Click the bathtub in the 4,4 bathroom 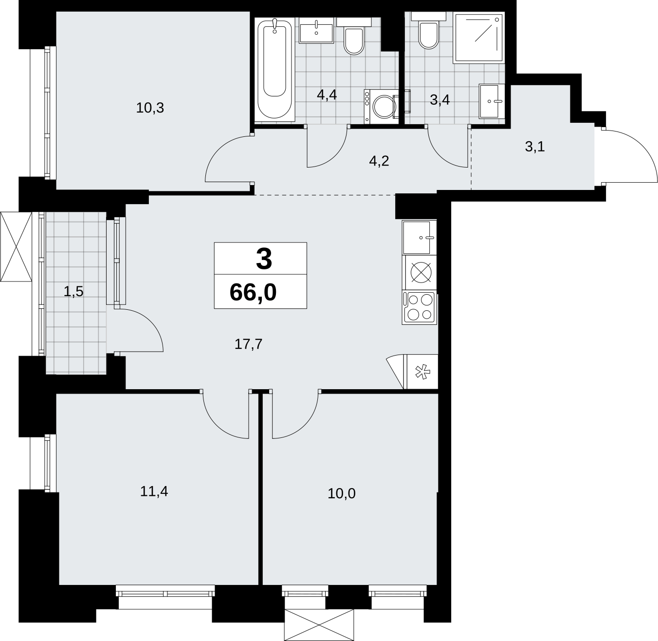(274, 69)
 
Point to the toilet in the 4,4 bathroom (354, 36)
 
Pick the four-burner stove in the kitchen (420, 307)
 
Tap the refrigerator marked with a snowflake (420, 371)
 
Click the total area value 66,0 (253, 292)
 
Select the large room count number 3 (264, 259)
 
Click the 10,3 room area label (150, 108)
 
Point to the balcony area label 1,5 (73, 291)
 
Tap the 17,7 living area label (249, 344)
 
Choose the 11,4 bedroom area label (154, 491)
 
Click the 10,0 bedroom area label (342, 494)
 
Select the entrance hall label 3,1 (535, 147)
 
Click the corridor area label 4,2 (379, 161)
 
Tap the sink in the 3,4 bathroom (492, 101)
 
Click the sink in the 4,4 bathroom (316, 30)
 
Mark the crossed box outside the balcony (16, 246)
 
